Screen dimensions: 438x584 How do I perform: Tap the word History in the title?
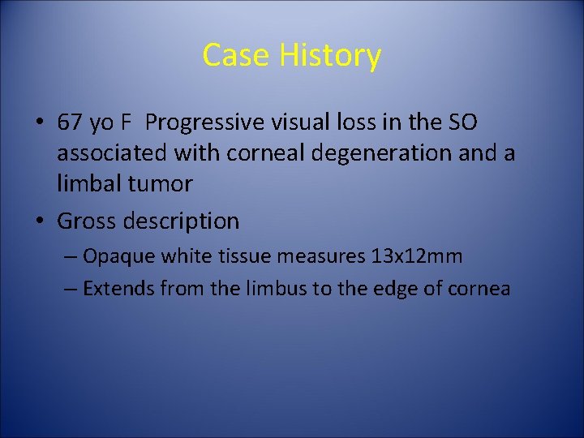tap(330, 55)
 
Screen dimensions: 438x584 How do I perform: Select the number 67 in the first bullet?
tap(68, 122)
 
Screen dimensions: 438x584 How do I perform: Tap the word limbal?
tap(88, 183)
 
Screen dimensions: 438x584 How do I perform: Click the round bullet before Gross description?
tap(41, 221)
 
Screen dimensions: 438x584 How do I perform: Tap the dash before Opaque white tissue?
tap(71, 257)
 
